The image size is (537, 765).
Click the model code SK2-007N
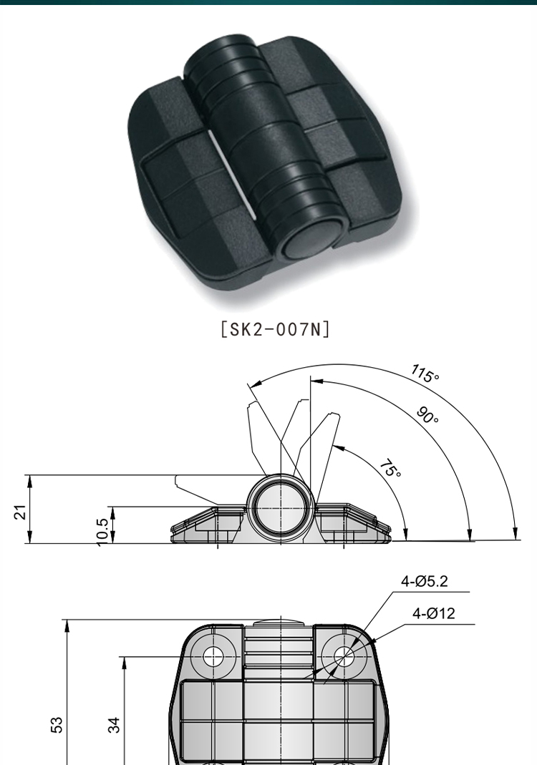(276, 330)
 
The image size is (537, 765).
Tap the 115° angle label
(425, 374)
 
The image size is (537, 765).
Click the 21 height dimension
(21, 511)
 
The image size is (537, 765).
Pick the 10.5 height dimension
(103, 530)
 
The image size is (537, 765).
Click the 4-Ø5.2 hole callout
(425, 582)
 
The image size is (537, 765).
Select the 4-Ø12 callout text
(434, 613)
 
